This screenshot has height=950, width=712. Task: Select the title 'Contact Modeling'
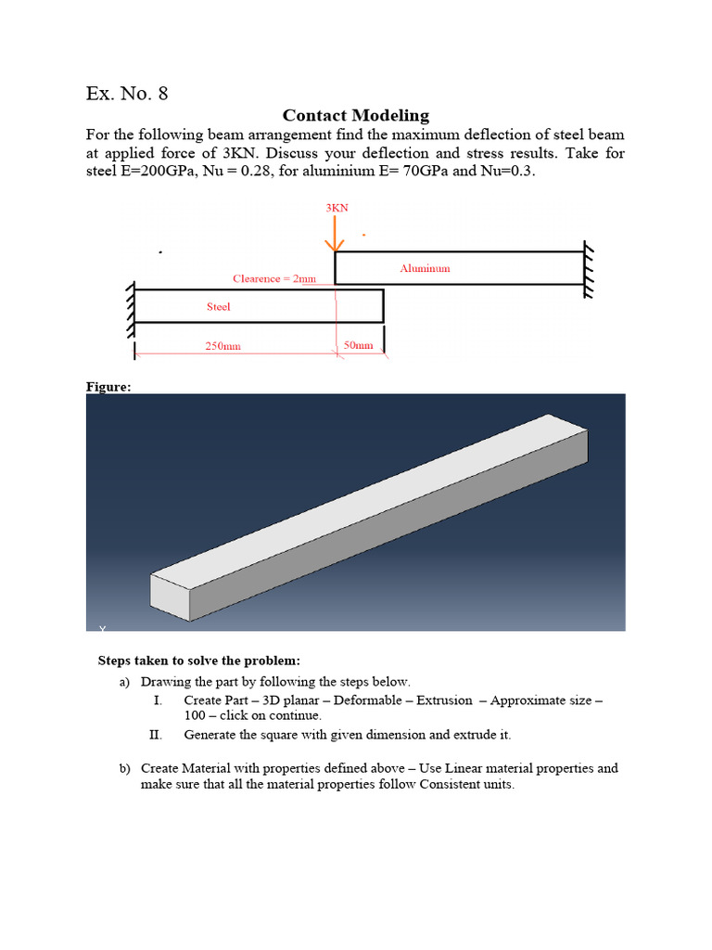click(x=355, y=116)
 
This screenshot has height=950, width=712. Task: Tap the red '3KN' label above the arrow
click(x=337, y=208)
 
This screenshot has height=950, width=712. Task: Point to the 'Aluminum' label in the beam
click(x=425, y=268)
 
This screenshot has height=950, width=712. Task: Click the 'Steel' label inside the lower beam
click(x=218, y=306)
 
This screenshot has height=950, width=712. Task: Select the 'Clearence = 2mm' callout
click(x=274, y=278)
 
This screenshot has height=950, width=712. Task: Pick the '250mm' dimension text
click(x=222, y=346)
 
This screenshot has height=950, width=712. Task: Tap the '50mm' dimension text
click(x=358, y=345)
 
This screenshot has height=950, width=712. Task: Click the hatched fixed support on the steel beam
click(x=132, y=306)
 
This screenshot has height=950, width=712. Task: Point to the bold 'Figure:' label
click(x=108, y=388)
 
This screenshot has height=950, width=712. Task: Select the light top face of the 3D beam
click(x=371, y=501)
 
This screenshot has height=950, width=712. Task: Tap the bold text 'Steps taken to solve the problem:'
click(x=199, y=661)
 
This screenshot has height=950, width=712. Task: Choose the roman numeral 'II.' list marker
click(x=156, y=734)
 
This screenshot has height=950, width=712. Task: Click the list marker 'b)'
click(x=125, y=768)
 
